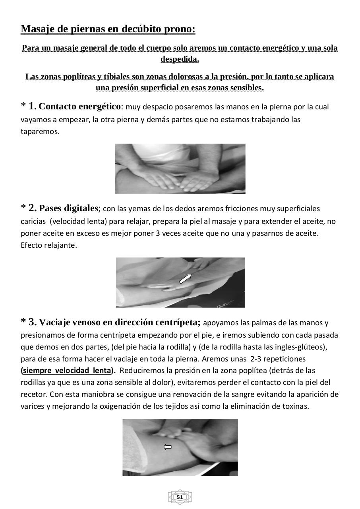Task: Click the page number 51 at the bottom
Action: coord(180,497)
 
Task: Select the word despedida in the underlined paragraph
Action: coord(179,59)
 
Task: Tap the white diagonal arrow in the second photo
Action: coord(185,278)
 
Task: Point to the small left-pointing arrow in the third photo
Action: coord(168,447)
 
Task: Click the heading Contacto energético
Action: coord(80,107)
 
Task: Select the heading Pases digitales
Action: coord(68,208)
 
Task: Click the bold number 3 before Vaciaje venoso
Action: coord(33,322)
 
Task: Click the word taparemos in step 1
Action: coord(40,132)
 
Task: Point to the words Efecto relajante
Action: coord(48,245)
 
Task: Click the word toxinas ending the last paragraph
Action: coord(296,406)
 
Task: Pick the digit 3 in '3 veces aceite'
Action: coord(158,233)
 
